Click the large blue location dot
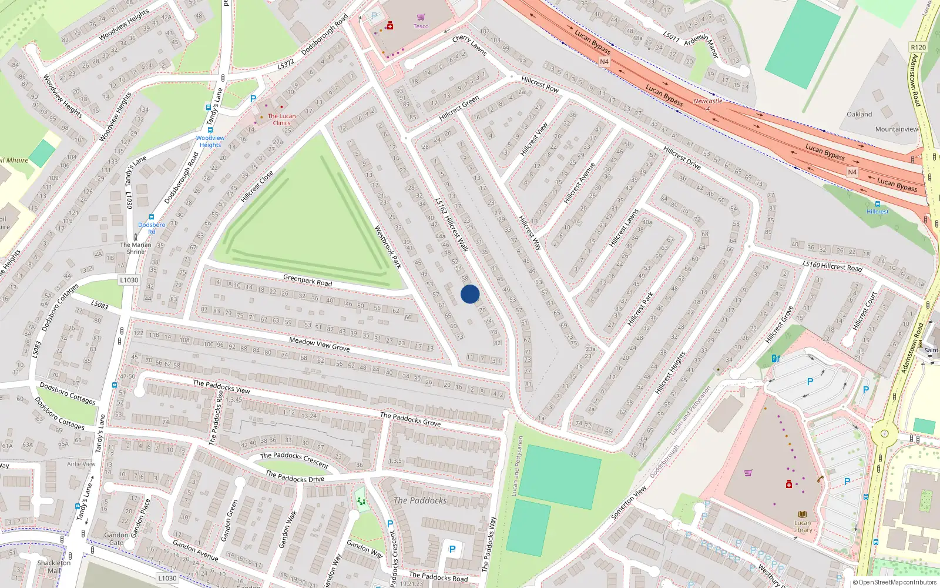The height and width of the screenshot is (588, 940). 470,294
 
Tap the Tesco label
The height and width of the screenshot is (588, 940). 421,26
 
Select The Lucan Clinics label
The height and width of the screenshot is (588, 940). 281,119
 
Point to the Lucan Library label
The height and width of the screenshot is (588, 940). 803,526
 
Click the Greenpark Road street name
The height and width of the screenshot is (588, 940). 307,280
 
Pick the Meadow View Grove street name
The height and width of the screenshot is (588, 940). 319,344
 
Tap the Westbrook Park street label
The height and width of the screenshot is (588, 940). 388,247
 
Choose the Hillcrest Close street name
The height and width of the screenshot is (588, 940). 257,186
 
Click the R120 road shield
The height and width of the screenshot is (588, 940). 918,47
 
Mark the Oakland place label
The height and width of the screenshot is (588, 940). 859,114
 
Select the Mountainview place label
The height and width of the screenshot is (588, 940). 896,129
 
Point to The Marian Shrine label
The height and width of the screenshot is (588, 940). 136,248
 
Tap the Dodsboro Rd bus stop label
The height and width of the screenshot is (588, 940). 152,228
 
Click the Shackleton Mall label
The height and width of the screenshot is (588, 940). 54,566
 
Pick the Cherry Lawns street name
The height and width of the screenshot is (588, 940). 469,45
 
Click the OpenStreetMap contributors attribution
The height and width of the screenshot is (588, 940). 894,582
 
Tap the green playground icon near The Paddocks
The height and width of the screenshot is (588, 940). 361,500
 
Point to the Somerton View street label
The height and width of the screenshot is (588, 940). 629,502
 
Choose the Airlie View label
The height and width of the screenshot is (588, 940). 81,463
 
